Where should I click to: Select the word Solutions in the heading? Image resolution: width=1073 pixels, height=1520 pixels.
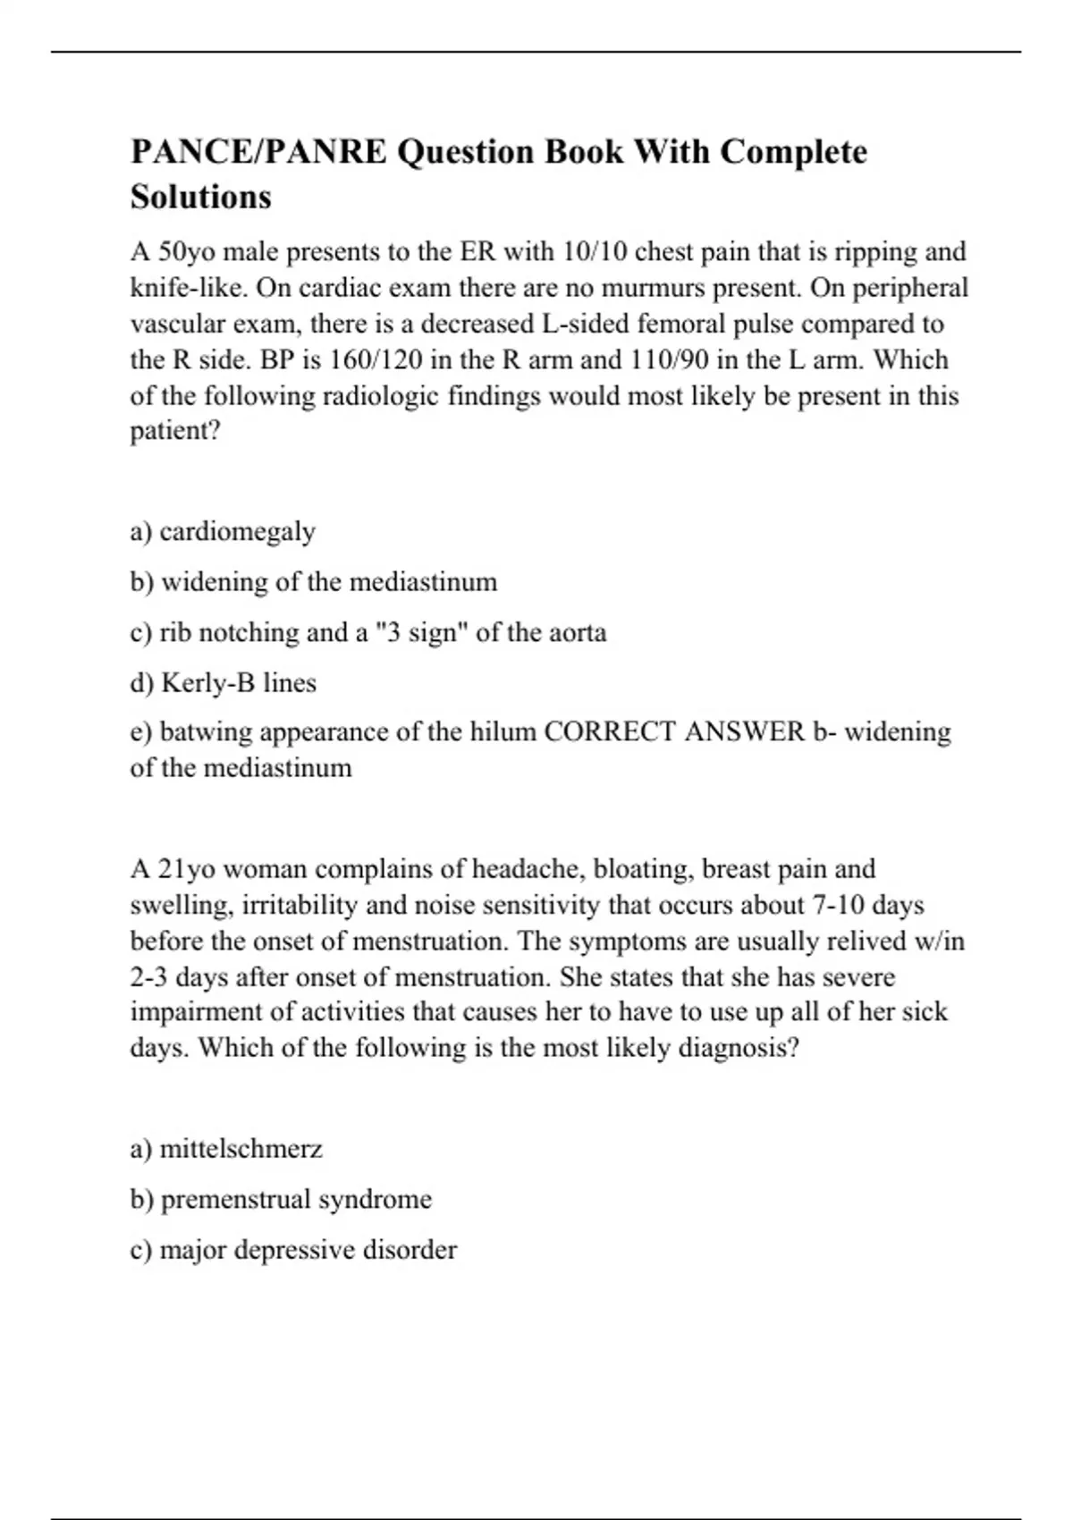(200, 197)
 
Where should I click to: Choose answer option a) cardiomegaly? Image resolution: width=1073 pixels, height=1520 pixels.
(223, 532)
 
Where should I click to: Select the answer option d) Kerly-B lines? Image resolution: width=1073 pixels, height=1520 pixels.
(223, 683)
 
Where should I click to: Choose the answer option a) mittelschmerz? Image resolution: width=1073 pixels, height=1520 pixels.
(226, 1149)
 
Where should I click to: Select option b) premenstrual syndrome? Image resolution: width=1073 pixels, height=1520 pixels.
(281, 1199)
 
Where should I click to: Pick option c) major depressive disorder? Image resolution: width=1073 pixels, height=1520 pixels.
(293, 1250)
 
